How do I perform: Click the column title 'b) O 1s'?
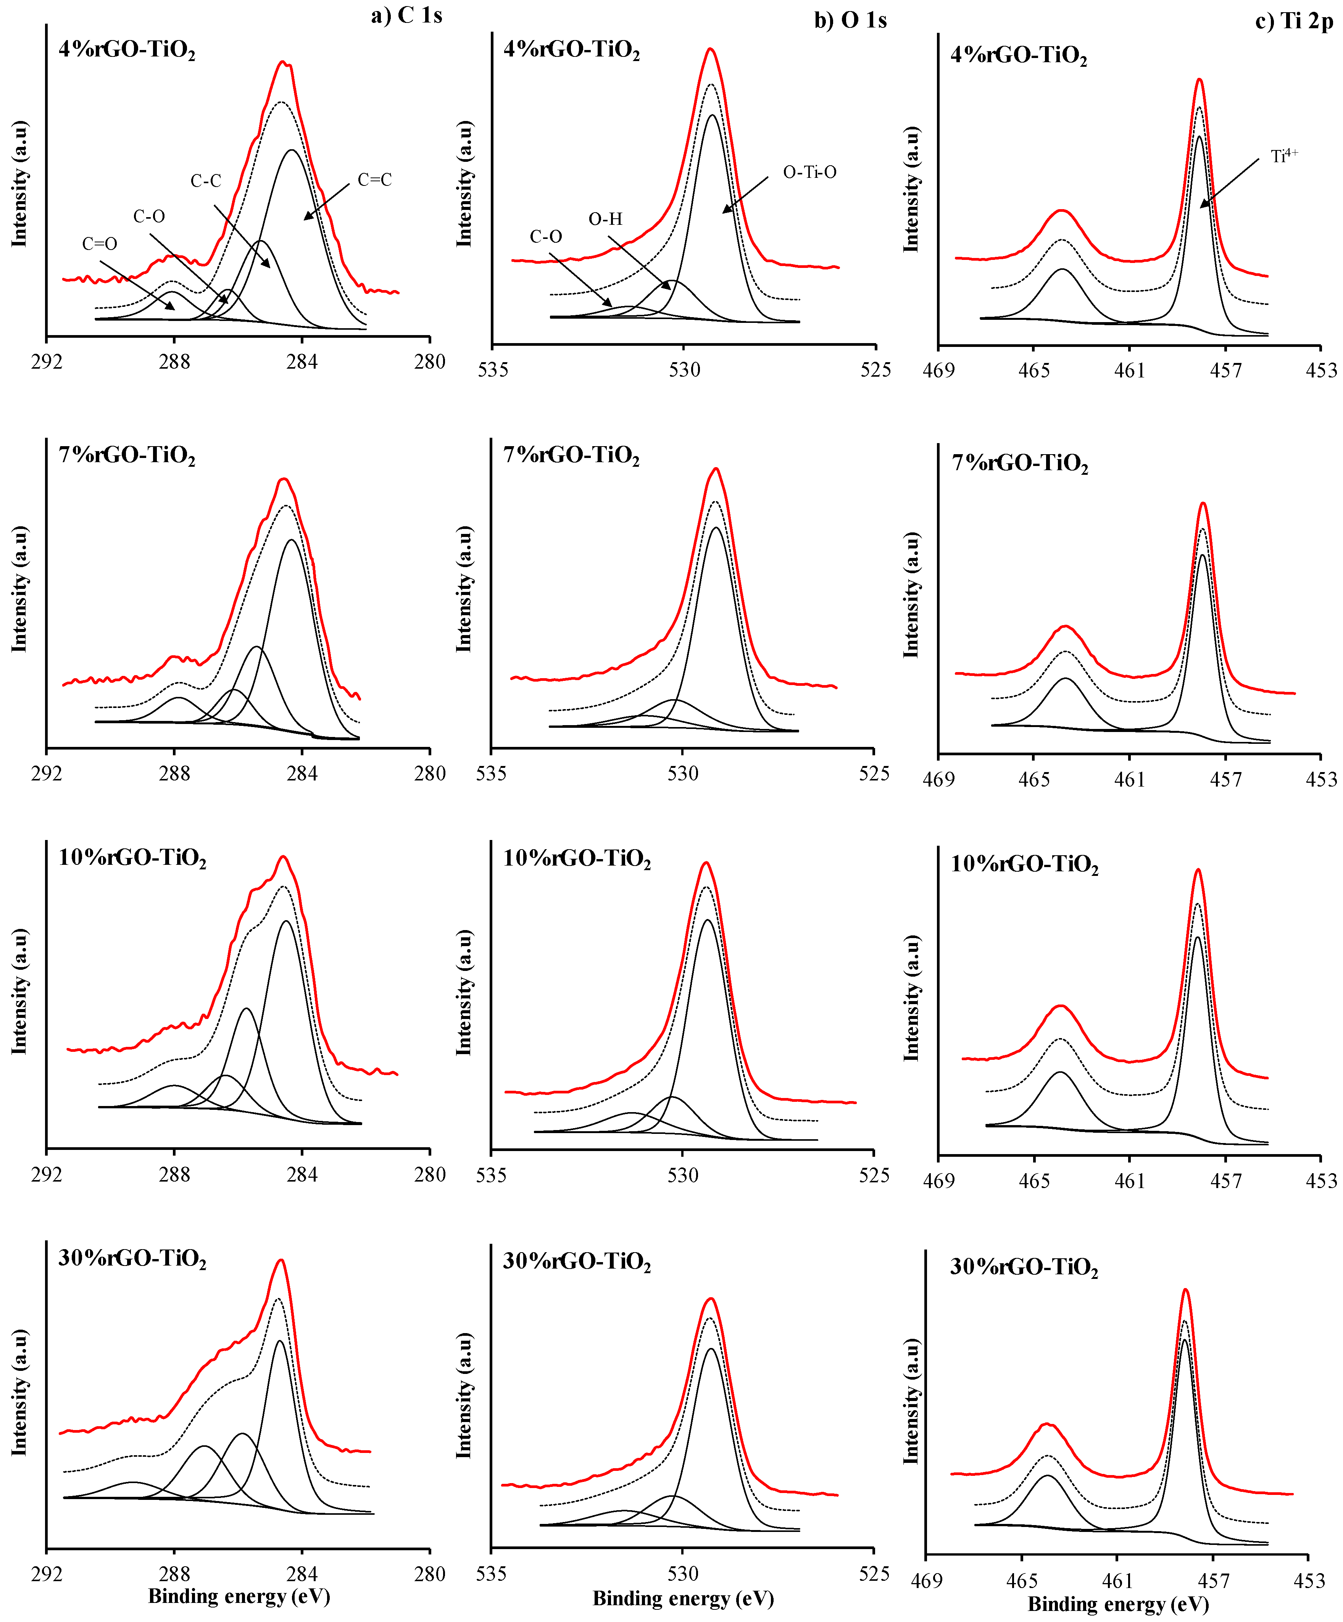tap(850, 20)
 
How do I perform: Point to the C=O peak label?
tap(100, 244)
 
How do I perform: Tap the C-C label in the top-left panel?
tap(206, 181)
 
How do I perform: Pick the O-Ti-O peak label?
tap(809, 172)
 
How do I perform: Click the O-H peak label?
tap(605, 219)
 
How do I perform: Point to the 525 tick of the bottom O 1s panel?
tap(874, 1573)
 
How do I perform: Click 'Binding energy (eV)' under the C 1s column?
tap(239, 1596)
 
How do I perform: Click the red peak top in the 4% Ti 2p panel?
tap(1200, 79)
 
